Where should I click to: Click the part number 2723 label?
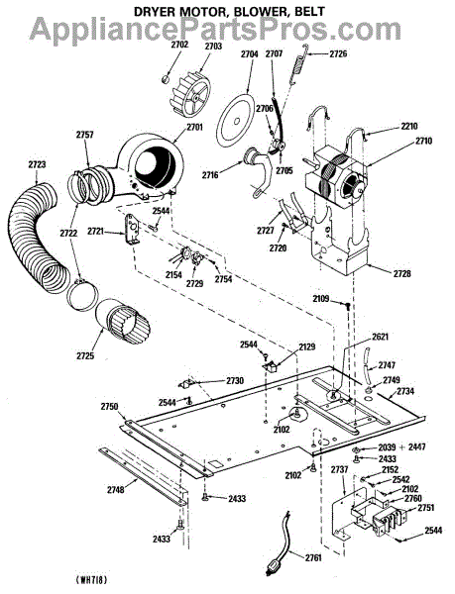pyautogui.click(x=37, y=164)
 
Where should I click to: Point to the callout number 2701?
pyautogui.click(x=193, y=127)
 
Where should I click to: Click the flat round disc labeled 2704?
pyautogui.click(x=236, y=121)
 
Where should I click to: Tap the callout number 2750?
pyautogui.click(x=110, y=407)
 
